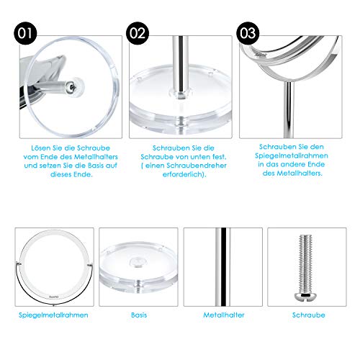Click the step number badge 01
[x=25, y=33]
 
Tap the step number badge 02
[x=138, y=33]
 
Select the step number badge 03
[x=248, y=33]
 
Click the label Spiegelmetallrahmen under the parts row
[x=53, y=315]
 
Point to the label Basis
[x=139, y=315]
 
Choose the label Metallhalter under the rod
[x=224, y=315]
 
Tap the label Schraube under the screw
[x=309, y=315]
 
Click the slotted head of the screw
[x=305, y=296]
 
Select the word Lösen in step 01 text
[x=41, y=148]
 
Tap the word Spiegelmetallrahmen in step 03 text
[x=292, y=156]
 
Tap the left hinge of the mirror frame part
[x=19, y=264]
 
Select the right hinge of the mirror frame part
[x=90, y=265]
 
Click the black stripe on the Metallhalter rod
[x=223, y=267]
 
